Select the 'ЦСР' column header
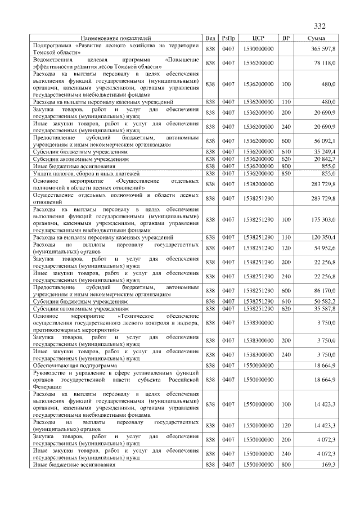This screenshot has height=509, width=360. click(x=259, y=38)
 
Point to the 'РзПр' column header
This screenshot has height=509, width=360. click(x=228, y=38)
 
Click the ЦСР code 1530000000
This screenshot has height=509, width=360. click(x=259, y=49)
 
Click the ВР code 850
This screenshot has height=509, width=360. click(x=286, y=173)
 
